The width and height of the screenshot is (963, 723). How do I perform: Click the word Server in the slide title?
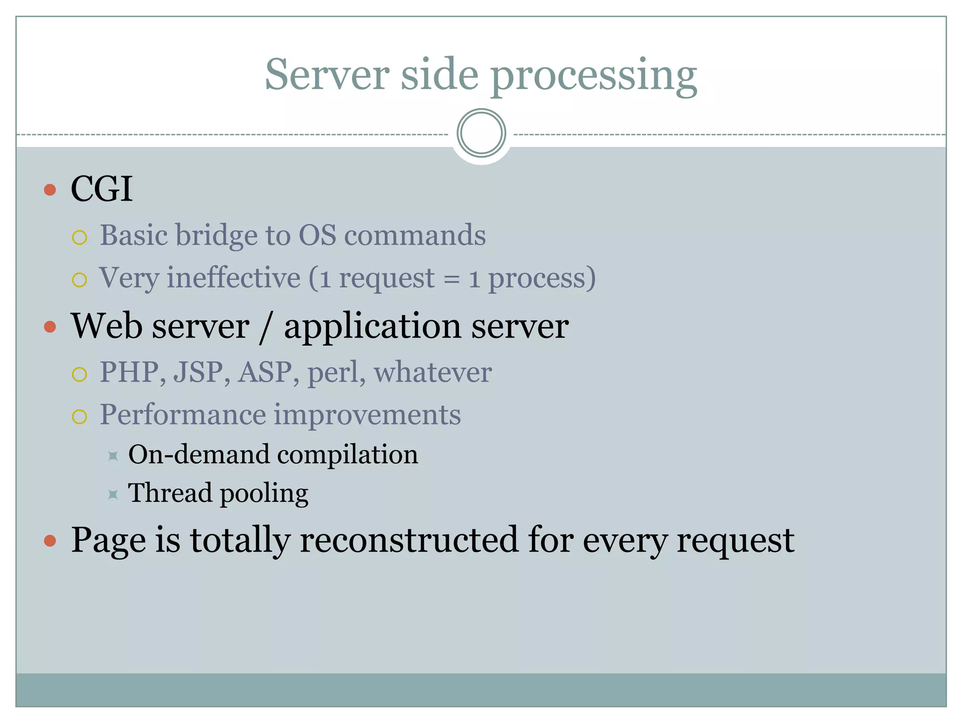[x=327, y=75]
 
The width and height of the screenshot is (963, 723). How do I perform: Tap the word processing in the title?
[x=594, y=77]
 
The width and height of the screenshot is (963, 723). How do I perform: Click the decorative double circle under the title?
[x=481, y=133]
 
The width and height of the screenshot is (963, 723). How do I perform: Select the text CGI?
[x=102, y=189]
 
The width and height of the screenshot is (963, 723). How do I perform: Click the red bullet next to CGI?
[x=50, y=190]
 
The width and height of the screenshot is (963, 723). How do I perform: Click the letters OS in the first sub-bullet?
[x=317, y=235]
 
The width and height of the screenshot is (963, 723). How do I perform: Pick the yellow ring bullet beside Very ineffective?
[x=79, y=280]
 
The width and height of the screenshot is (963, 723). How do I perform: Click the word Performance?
[x=183, y=415]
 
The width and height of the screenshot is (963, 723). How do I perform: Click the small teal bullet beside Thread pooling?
[x=113, y=494]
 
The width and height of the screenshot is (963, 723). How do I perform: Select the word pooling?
[x=264, y=494]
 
